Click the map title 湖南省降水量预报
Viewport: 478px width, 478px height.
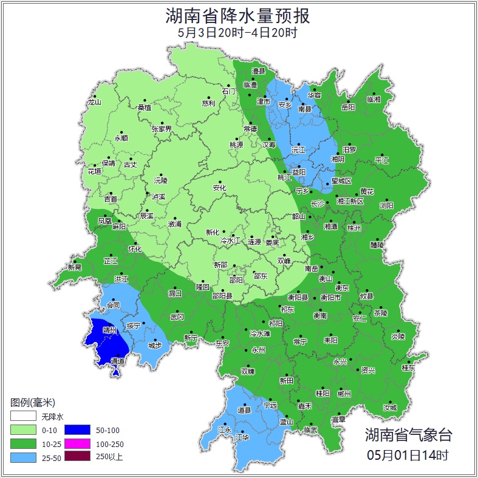coord(238,15)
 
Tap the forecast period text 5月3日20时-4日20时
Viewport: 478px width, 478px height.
coord(238,33)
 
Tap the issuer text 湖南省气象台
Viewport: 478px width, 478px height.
coord(408,434)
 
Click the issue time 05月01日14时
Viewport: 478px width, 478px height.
coord(408,454)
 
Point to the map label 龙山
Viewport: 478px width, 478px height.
coord(94,102)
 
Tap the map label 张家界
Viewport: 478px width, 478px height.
coord(162,129)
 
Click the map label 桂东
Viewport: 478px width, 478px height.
coord(408,367)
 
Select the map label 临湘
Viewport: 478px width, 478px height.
coord(374,100)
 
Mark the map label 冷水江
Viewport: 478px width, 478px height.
coord(230,241)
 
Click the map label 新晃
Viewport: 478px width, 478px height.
coord(75,267)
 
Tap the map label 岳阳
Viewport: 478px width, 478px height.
coord(349,108)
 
